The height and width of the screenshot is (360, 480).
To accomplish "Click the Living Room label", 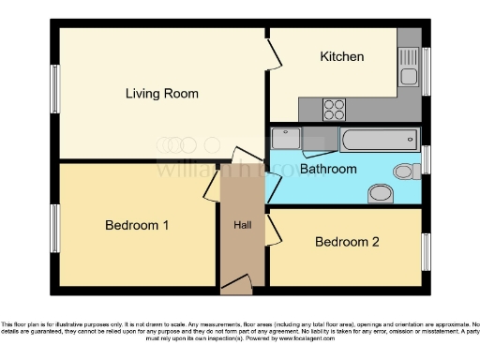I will tap(162, 94).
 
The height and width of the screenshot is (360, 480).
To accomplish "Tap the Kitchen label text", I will tap(342, 56).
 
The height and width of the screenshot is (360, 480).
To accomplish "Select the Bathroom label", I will tap(328, 169).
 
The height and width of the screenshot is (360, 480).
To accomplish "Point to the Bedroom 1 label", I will tap(137, 225).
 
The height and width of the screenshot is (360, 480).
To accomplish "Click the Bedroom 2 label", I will tap(347, 242).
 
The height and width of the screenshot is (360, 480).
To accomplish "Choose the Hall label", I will tap(243, 225).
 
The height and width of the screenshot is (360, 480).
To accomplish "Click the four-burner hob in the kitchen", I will tap(335, 110).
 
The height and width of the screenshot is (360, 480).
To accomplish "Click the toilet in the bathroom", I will tap(406, 172).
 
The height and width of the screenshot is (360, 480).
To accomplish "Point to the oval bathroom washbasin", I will tap(381, 193).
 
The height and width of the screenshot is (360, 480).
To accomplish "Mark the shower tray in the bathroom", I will tap(288, 141).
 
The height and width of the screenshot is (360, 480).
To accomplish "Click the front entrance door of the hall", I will tap(236, 282).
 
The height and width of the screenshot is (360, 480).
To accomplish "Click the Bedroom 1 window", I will tap(54, 227).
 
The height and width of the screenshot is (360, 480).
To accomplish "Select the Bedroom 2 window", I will tap(427, 247).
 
